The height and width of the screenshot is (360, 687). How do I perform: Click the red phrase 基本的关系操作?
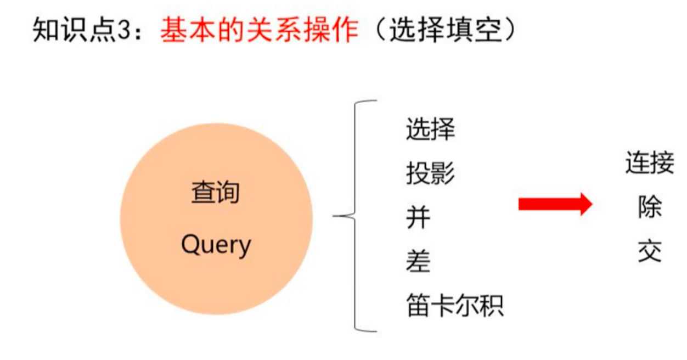click(x=259, y=31)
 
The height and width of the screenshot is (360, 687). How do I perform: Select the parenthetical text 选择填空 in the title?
click(x=445, y=31)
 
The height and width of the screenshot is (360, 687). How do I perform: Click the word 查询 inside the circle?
click(x=216, y=193)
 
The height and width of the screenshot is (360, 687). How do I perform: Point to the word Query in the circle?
click(x=216, y=245)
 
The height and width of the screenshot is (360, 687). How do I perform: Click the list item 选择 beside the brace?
click(x=430, y=130)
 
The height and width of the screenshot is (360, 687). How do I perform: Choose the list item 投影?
click(x=430, y=174)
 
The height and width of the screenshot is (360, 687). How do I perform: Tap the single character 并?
click(x=418, y=218)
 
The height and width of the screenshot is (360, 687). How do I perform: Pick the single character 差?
click(x=418, y=262)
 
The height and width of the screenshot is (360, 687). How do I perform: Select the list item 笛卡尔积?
click(x=454, y=306)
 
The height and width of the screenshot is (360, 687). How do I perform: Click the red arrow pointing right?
click(x=555, y=205)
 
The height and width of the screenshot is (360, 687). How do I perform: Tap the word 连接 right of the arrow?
click(x=650, y=164)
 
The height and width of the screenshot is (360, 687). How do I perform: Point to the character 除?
click(x=650, y=208)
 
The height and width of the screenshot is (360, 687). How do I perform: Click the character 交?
click(x=650, y=252)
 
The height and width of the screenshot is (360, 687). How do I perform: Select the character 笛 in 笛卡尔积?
click(x=418, y=306)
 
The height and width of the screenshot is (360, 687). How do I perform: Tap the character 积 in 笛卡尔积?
click(x=492, y=306)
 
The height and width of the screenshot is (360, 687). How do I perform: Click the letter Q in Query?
click(x=189, y=244)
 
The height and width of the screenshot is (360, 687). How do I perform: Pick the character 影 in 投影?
click(x=443, y=174)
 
